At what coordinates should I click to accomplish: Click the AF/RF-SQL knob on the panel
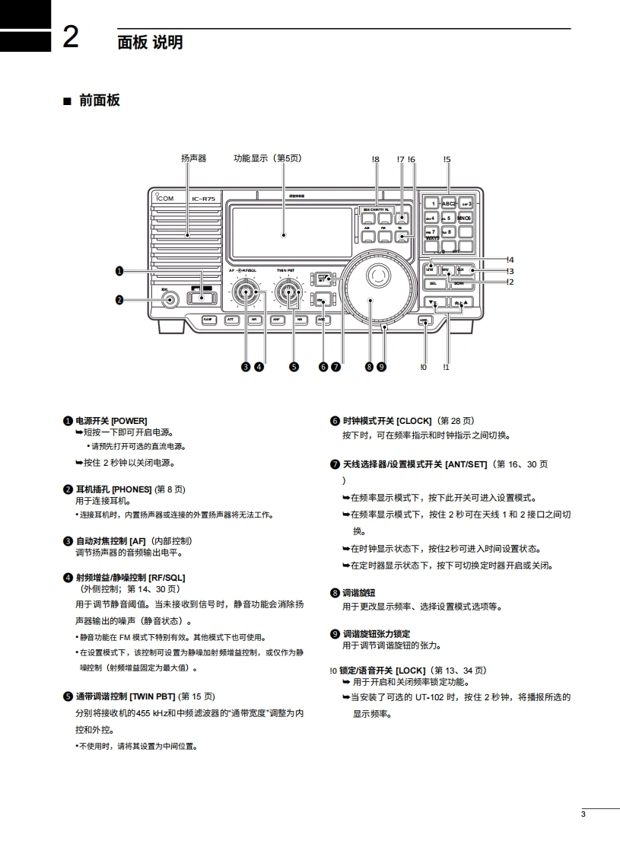[x=245, y=292]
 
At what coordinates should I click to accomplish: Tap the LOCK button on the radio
[x=424, y=320]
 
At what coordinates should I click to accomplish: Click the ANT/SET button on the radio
[x=323, y=279]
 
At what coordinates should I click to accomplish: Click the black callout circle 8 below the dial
[x=370, y=367]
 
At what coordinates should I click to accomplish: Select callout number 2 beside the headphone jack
[x=119, y=300]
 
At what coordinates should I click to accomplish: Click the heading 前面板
[x=99, y=100]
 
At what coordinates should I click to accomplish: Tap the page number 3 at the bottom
[x=583, y=815]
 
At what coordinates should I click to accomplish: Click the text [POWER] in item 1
[x=129, y=421]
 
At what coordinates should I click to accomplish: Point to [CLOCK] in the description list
[x=415, y=421]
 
